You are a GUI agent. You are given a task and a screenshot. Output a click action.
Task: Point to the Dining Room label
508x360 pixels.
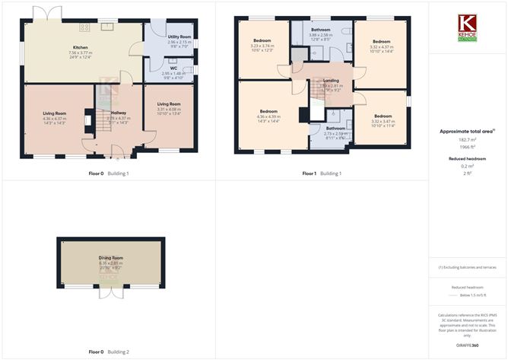click(110, 257)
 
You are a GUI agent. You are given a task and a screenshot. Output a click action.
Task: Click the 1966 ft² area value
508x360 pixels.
click(467, 148)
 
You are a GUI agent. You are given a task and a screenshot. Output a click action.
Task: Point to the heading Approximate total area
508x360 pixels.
click(467, 132)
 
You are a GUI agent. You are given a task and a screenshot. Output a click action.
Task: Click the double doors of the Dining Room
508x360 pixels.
click(110, 292)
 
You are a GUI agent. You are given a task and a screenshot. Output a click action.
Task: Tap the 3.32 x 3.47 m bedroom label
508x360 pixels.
click(382, 117)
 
